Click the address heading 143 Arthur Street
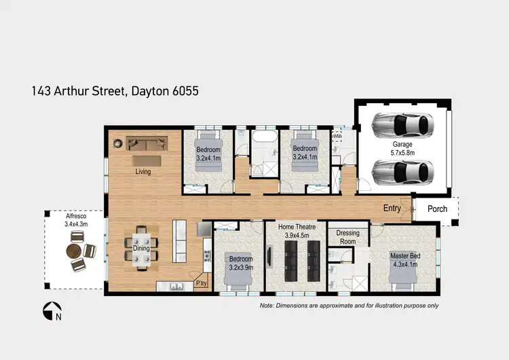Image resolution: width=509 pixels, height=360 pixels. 115,90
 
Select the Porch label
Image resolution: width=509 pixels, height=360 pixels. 437,209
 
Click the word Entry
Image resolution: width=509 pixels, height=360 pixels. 392,209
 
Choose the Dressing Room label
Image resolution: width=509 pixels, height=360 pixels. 347,237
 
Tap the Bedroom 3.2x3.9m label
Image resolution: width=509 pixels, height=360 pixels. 241,263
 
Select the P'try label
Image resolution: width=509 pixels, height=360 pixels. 201,283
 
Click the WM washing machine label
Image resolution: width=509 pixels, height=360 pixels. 337,137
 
